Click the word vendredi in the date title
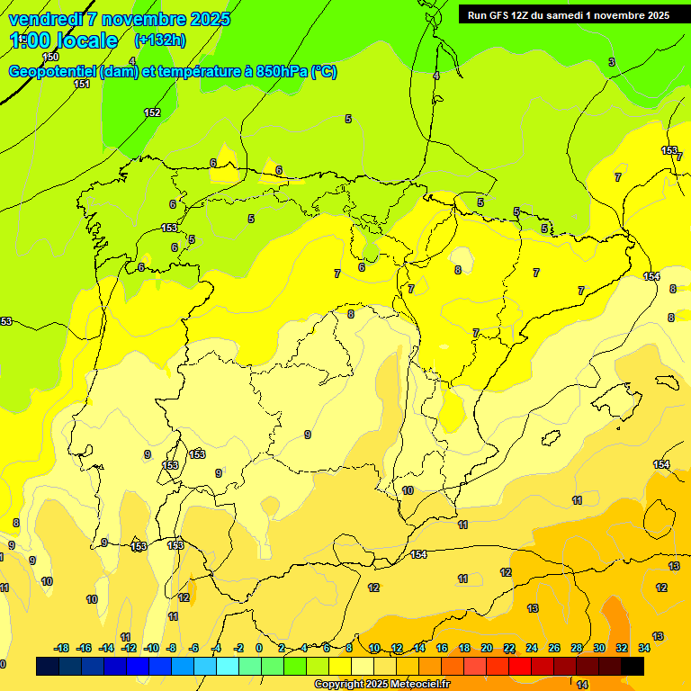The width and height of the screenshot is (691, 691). click(x=46, y=19)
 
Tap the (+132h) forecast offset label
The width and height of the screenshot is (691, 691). click(x=159, y=40)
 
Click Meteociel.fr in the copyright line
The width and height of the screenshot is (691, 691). click(x=414, y=685)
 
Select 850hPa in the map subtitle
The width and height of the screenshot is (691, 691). click(x=277, y=72)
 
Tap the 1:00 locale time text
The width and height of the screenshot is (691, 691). click(x=64, y=40)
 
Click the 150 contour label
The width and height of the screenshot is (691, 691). click(x=50, y=57)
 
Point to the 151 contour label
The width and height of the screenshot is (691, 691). click(x=82, y=84)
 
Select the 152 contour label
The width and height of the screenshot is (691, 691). click(x=152, y=112)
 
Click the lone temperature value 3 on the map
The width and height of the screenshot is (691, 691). click(x=612, y=62)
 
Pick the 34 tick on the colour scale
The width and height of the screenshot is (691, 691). click(x=644, y=648)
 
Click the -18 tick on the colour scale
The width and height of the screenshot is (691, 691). click(x=62, y=648)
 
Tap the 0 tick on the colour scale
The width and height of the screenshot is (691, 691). click(x=259, y=648)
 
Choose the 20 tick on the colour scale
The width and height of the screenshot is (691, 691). click(x=487, y=648)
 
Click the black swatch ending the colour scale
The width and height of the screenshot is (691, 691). click(x=633, y=666)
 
